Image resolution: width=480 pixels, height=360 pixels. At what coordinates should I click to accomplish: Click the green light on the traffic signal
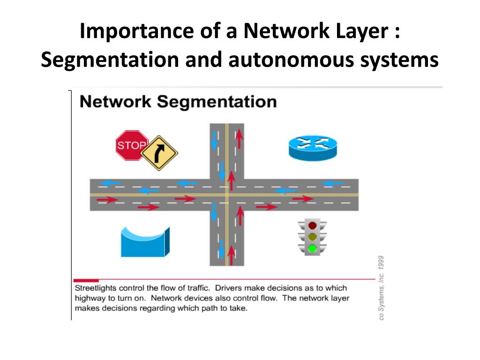312,248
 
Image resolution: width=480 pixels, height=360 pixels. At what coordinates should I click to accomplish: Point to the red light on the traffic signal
312,225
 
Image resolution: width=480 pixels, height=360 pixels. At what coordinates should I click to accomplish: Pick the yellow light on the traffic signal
312,237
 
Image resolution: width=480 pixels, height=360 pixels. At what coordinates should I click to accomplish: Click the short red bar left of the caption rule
86,280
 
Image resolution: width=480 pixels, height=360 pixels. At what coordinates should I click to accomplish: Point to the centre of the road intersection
227,195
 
